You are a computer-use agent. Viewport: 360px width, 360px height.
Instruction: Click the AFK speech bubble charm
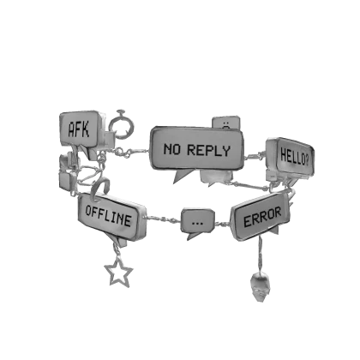point(81,130)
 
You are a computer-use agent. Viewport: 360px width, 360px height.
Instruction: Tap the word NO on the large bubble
point(172,149)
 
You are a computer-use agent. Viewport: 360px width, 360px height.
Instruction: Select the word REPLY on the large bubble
point(208,150)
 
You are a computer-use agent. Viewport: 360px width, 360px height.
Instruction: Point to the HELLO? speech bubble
point(291,159)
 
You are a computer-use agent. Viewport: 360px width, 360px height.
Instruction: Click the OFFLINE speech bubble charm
point(111,217)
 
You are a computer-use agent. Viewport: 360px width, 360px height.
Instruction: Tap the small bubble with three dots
point(198,221)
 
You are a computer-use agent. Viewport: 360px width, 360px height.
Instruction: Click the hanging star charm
point(118,273)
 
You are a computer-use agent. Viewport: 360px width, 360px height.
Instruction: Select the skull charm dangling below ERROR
point(260,287)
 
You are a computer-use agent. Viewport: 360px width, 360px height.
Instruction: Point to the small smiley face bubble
point(226,123)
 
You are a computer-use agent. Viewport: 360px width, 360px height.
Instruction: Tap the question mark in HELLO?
point(306,161)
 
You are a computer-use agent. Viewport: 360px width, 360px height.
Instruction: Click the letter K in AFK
point(86,129)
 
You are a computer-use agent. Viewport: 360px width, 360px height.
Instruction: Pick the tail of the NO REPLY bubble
point(183,176)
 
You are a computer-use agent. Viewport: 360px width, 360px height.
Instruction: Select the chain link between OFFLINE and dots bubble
point(164,219)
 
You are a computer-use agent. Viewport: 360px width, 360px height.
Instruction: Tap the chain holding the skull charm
point(261,255)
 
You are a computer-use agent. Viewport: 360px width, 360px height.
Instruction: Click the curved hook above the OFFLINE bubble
point(100,188)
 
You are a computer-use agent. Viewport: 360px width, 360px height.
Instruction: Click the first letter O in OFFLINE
point(89,211)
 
